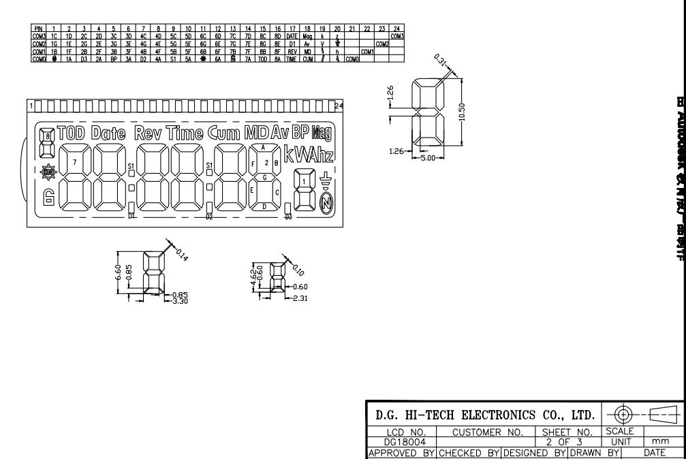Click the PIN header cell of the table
39,29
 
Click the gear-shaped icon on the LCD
48,173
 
